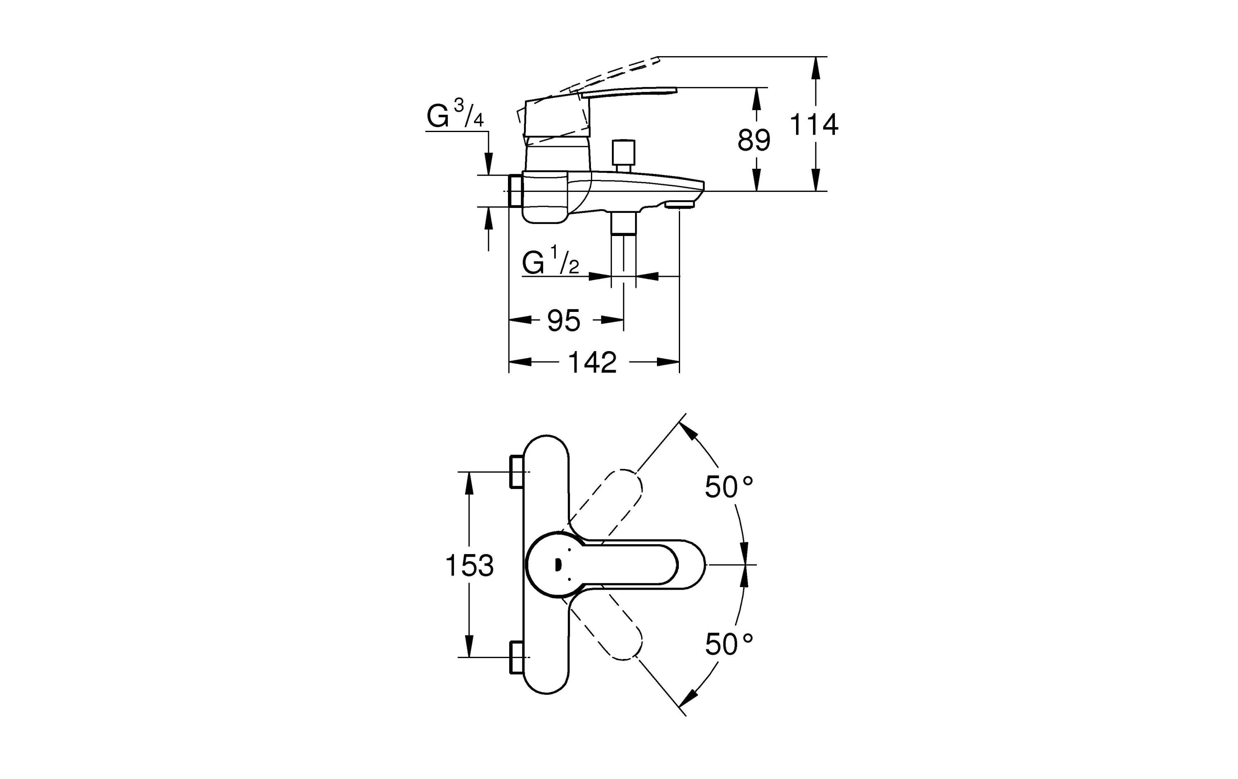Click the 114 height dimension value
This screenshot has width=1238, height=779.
(x=814, y=125)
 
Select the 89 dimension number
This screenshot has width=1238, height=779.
(x=754, y=140)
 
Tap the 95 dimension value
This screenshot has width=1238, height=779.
(x=563, y=321)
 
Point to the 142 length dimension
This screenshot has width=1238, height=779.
(x=592, y=363)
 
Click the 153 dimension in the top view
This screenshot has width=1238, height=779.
(x=469, y=566)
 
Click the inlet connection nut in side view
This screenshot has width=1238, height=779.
(x=515, y=191)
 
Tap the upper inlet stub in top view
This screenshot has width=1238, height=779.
(x=516, y=472)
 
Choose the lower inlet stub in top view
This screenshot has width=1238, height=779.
(x=516, y=657)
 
